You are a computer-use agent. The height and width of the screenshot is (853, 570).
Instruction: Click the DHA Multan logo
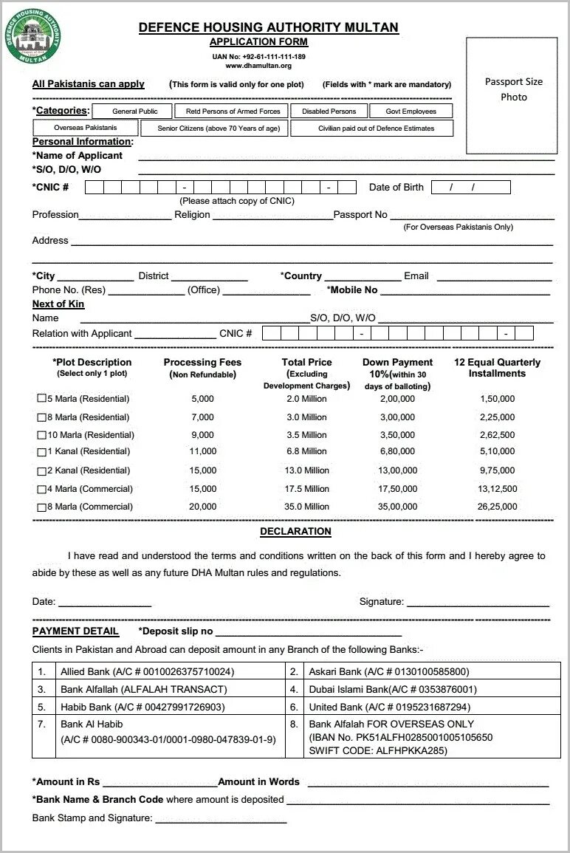33,35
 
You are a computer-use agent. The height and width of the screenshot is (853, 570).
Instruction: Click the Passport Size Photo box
511,95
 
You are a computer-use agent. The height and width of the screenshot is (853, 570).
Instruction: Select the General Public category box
134,112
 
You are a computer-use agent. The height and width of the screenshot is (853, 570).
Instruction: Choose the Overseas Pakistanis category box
85,128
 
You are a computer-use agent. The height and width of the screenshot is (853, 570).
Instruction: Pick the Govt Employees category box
411,112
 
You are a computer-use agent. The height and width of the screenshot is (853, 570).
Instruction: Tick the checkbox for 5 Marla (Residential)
42,399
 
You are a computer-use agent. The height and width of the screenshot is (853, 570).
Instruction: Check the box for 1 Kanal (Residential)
42,451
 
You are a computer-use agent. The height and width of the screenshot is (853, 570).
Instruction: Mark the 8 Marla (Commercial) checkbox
42,507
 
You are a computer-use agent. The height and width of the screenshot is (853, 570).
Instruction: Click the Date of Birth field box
470,188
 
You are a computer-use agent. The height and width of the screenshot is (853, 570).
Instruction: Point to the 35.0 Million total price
306,507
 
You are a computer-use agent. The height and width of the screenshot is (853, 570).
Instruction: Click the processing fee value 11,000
202,451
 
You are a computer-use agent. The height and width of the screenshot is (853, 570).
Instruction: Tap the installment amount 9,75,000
497,470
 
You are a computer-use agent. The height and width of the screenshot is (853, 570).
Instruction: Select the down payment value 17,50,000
397,489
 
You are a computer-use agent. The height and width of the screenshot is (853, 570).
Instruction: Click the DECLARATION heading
295,532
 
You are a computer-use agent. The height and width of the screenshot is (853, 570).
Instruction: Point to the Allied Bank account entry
147,672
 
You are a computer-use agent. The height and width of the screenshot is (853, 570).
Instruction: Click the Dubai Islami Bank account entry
393,690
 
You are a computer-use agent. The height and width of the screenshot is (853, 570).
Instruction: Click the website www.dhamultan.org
258,66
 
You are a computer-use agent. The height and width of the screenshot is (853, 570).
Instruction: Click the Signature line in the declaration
478,603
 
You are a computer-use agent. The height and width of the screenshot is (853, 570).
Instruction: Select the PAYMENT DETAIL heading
75,631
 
